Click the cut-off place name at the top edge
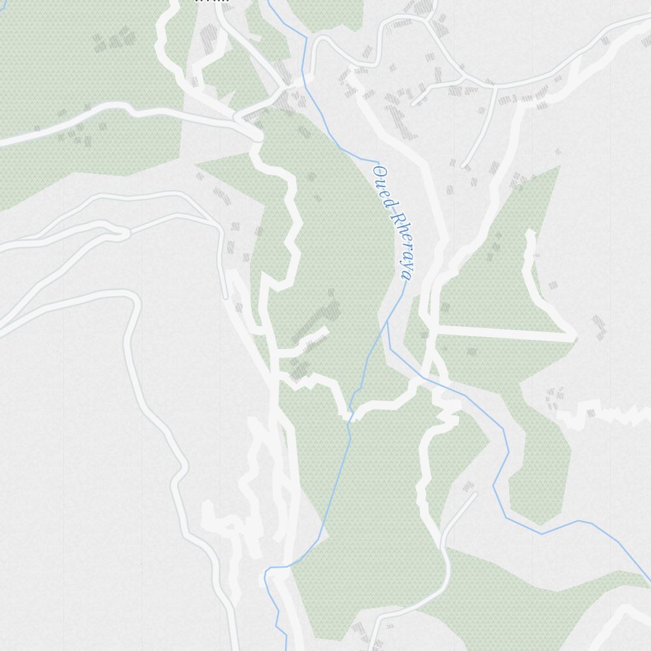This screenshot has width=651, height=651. click(212, 1)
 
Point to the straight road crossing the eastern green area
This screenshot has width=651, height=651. click(505, 332)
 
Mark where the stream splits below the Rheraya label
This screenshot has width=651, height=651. click(387, 320)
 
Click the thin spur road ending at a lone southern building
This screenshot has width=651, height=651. click(474, 495)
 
